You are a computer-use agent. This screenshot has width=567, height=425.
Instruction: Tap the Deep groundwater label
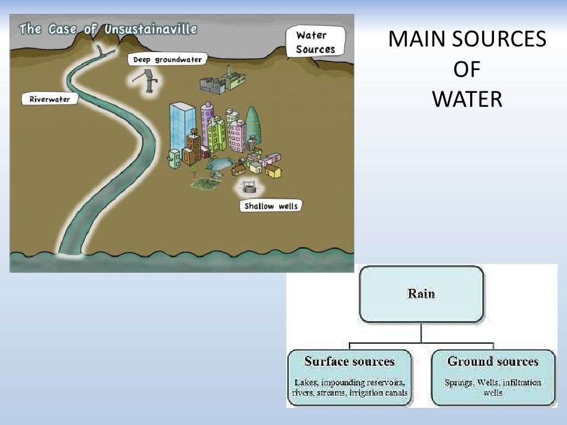(x=167, y=59)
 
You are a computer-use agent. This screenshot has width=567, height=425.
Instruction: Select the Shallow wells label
(x=271, y=206)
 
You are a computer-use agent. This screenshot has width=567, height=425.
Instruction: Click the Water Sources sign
(x=315, y=42)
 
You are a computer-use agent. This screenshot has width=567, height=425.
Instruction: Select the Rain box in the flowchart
(x=421, y=294)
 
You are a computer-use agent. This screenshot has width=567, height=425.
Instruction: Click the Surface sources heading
(x=349, y=362)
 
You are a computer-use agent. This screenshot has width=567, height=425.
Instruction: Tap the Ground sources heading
(x=493, y=362)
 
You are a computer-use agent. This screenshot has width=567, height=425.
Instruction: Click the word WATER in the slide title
(x=467, y=100)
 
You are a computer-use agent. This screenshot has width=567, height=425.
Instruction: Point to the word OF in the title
(x=467, y=70)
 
